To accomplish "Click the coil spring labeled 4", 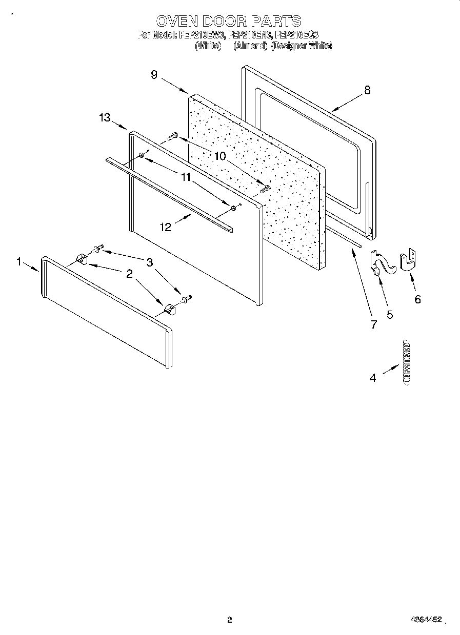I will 407,361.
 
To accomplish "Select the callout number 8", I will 367,90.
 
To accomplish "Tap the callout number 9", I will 154,75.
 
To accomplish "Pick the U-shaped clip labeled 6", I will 408,260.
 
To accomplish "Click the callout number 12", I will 166,227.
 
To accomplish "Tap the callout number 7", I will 373,324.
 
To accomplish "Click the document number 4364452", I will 425,620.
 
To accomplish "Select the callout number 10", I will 220,156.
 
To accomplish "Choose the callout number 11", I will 186,177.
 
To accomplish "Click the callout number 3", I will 150,262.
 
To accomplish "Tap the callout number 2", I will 129,274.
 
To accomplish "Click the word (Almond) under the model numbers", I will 250,46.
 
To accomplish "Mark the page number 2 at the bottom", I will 230,620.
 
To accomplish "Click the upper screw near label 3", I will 97,249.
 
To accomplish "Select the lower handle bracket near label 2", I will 170,309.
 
